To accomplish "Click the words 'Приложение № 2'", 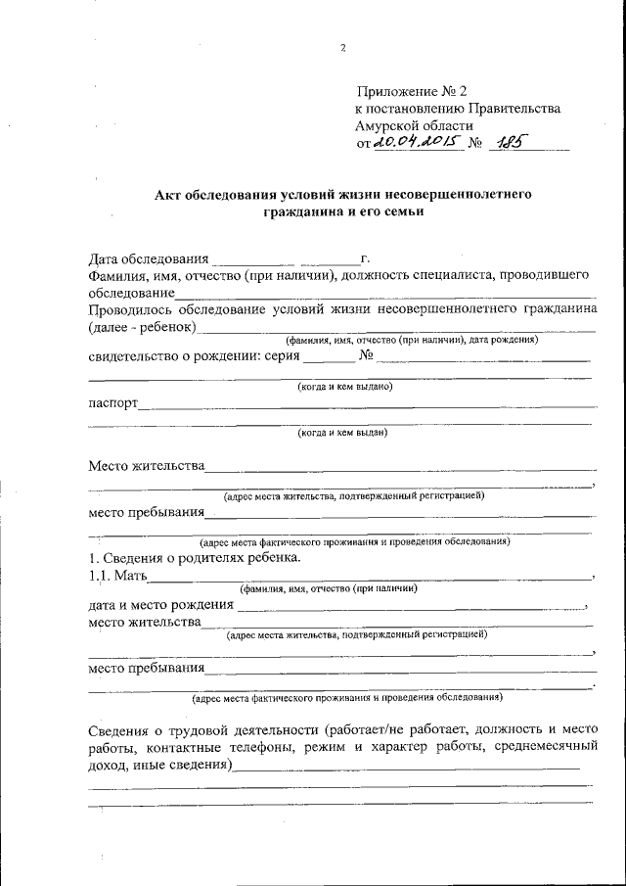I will coord(412,91).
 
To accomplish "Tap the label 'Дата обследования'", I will coord(148,259).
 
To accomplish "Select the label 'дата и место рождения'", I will coord(160,605).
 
